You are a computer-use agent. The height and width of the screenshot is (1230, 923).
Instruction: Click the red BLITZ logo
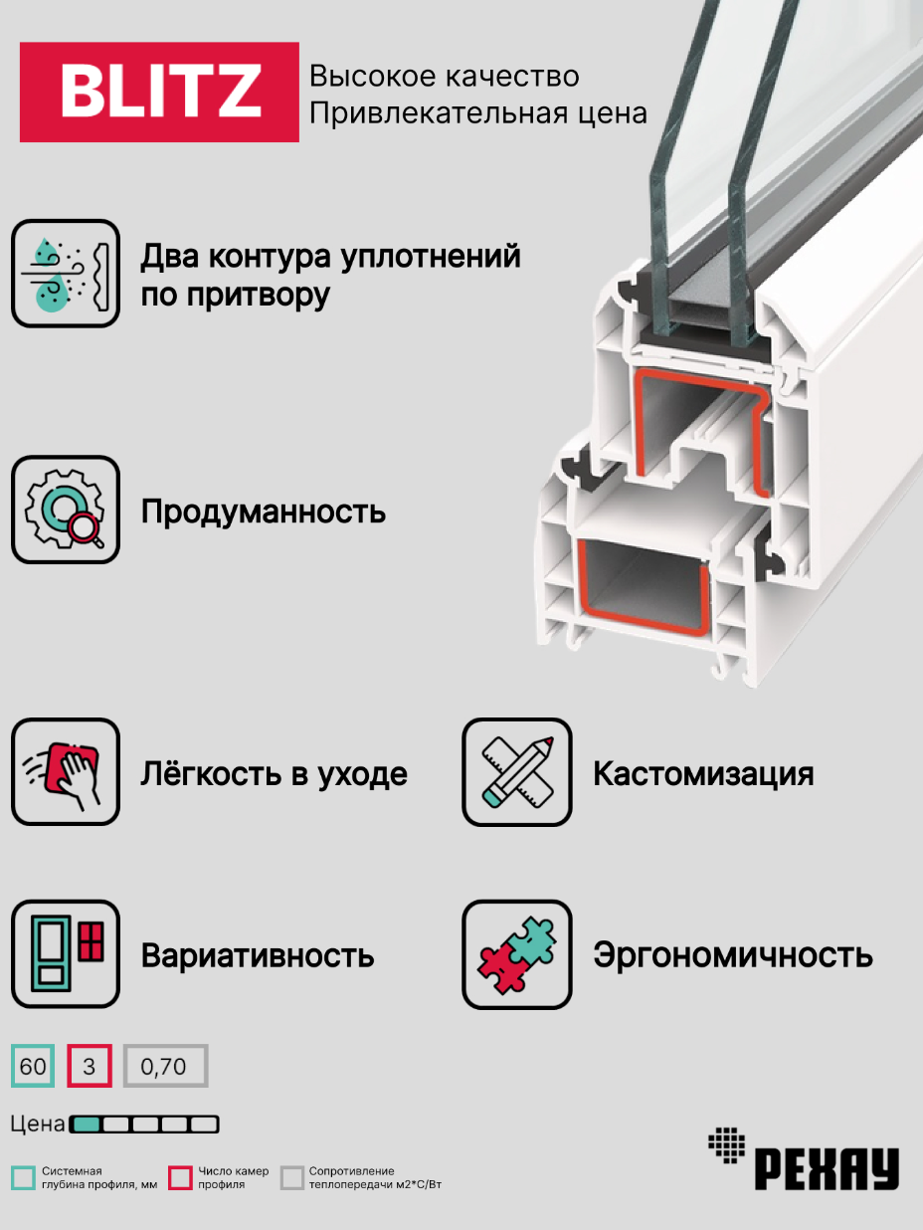point(159,92)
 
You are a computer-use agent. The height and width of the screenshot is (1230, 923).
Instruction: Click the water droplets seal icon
point(66,274)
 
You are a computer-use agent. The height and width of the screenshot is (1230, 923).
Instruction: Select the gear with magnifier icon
point(66,511)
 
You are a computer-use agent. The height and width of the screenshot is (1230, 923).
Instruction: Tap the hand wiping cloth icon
point(66,772)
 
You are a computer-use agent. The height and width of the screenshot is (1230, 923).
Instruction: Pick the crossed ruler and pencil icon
point(517,772)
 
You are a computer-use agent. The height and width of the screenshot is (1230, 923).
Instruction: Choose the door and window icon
point(66,954)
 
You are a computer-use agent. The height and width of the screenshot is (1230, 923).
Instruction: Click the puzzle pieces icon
point(517,954)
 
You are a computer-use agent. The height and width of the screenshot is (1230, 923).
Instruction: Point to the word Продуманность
point(264,512)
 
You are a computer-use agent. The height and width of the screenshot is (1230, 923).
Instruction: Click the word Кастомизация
point(703,774)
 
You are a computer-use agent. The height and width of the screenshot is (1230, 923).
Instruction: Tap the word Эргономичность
point(733,955)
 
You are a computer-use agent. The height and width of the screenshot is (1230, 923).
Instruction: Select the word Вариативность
point(258,956)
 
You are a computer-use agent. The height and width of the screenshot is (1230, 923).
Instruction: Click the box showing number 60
point(33,1067)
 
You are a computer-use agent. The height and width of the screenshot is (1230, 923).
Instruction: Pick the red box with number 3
point(90,1067)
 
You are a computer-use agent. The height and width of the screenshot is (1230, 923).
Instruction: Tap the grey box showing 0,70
point(165,1067)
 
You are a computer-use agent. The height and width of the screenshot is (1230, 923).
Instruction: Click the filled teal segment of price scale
point(87,1125)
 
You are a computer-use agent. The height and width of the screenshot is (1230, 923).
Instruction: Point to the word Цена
point(38,1125)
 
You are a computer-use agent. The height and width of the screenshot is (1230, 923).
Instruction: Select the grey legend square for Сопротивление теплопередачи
point(291,1178)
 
